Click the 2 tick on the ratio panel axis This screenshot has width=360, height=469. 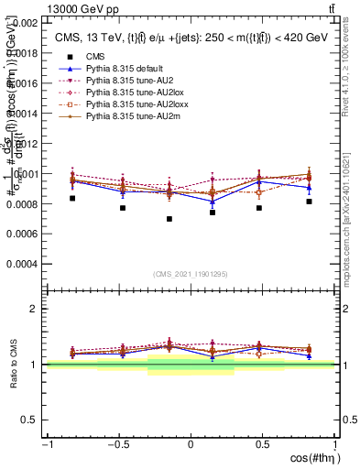coord(34,309)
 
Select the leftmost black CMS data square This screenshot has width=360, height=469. coord(72,198)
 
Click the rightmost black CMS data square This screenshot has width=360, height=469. coord(310,202)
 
